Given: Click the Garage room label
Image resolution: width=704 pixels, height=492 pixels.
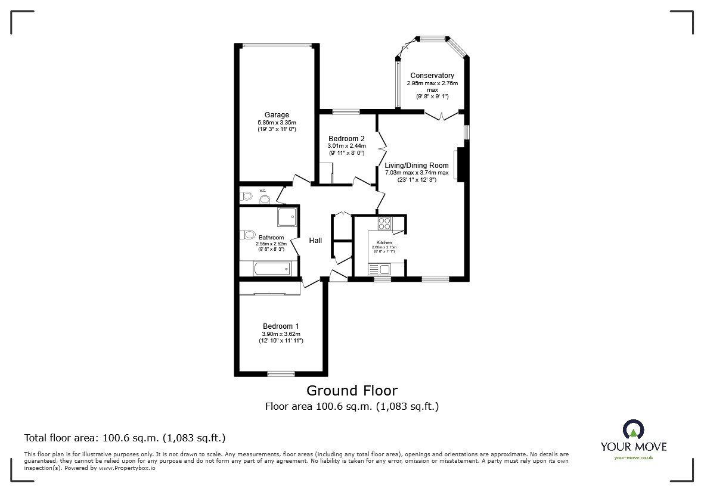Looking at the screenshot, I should [277, 115].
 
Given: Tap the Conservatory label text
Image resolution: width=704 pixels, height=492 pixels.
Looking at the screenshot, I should [432, 76].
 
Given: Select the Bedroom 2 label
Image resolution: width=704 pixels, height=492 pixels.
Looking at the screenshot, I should [346, 139].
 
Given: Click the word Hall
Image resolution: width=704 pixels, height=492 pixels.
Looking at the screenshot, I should [315, 240].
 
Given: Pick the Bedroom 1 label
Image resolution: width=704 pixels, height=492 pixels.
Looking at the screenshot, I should [281, 326].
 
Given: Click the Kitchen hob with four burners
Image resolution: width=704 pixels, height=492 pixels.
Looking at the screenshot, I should [384, 224].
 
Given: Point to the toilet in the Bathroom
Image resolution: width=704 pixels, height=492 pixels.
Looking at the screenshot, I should [247, 234].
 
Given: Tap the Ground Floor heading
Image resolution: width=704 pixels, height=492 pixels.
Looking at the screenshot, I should [352, 391].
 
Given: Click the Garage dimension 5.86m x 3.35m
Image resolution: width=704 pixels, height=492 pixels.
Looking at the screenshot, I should [277, 123].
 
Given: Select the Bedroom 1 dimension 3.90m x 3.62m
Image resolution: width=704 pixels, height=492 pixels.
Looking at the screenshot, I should [281, 334].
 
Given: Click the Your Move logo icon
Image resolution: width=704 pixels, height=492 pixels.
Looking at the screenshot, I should [633, 429].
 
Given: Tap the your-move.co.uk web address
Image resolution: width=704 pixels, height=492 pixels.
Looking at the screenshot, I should [634, 457].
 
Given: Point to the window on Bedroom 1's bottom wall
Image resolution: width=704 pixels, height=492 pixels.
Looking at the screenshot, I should [281, 374].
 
